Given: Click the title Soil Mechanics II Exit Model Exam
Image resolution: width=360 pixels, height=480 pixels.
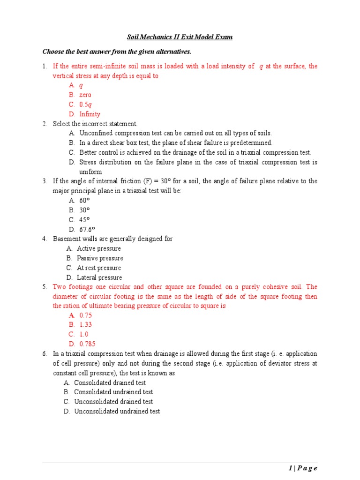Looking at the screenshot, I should pyautogui.click(x=180, y=37).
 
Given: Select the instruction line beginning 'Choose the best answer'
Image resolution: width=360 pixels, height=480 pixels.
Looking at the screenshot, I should pyautogui.click(x=117, y=51).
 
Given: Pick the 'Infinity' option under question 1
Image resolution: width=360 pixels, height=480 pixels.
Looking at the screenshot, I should pyautogui.click(x=90, y=114).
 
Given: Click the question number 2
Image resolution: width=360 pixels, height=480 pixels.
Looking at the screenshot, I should pyautogui.click(x=45, y=124).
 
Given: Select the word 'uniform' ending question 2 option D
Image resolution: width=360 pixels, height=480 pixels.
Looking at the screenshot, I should pyautogui.click(x=90, y=172).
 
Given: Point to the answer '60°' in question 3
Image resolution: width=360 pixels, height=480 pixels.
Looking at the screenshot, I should pyautogui.click(x=84, y=200).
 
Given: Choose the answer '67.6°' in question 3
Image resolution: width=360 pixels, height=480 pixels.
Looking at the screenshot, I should pyautogui.click(x=87, y=229).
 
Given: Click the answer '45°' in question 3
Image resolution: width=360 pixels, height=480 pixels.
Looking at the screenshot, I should pyautogui.click(x=84, y=219).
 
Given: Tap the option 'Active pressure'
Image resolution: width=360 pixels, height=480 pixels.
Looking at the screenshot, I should pyautogui.click(x=98, y=248).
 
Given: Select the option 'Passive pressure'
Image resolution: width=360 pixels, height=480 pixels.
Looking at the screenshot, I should pyautogui.click(x=100, y=258).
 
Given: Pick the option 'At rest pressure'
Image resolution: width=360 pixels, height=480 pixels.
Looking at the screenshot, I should pyautogui.click(x=99, y=268).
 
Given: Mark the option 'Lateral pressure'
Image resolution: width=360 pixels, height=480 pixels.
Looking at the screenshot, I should pyautogui.click(x=99, y=277).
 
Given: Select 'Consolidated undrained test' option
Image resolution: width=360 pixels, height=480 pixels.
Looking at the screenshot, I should pyautogui.click(x=113, y=392).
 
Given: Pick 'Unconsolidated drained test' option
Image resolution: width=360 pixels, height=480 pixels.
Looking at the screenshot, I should pyautogui.click(x=113, y=401).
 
